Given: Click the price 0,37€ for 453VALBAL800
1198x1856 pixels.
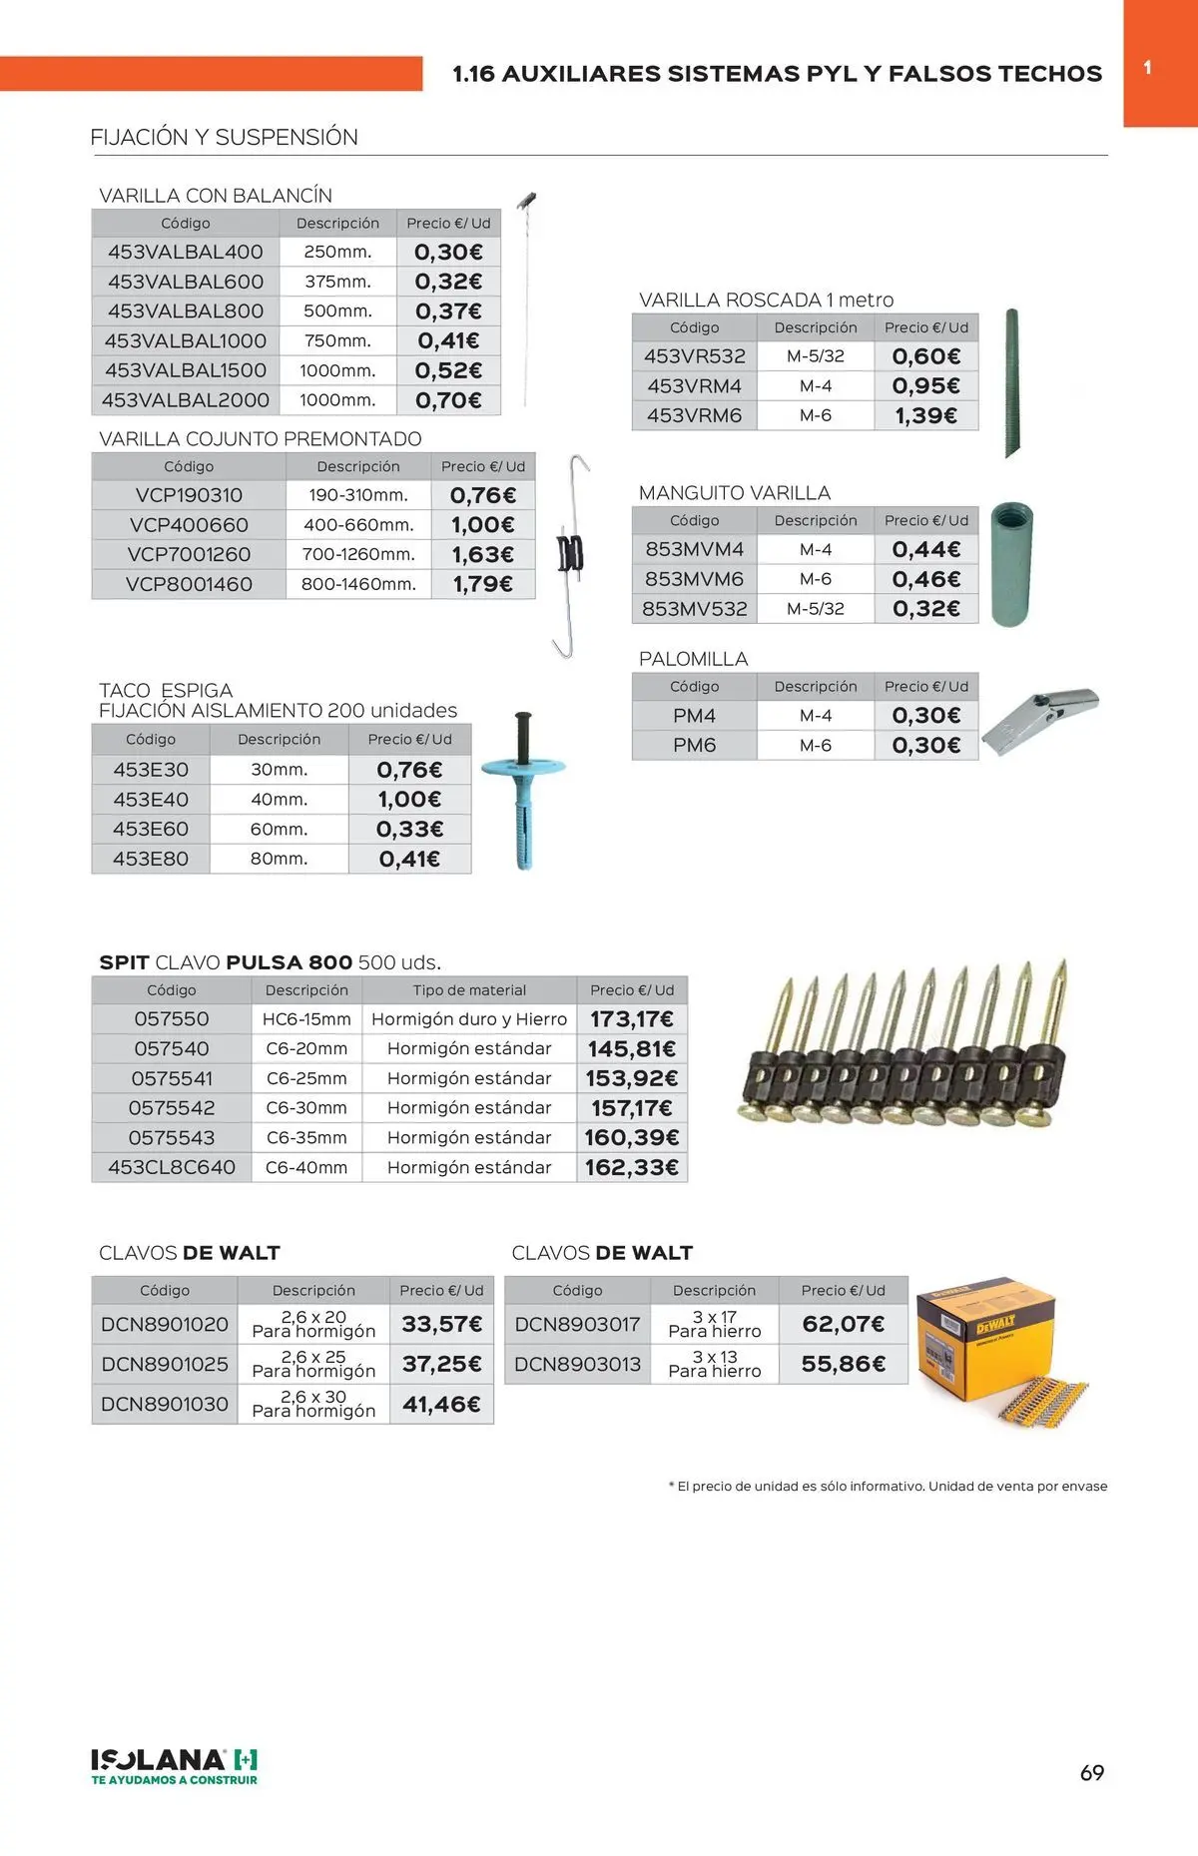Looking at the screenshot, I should (448, 311).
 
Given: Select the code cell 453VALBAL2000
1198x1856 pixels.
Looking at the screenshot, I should (186, 400).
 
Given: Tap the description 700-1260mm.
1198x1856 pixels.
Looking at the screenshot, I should (358, 554).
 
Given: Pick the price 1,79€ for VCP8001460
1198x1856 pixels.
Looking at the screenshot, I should (483, 584).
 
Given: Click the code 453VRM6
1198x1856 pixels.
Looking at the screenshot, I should (694, 415).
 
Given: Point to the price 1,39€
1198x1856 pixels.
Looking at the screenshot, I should (925, 415).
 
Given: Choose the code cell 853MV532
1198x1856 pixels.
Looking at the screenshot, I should (694, 608).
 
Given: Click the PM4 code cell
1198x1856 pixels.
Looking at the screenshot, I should (694, 716).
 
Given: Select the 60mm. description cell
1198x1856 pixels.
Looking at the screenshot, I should (279, 829).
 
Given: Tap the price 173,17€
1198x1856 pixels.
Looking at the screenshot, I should (632, 1019).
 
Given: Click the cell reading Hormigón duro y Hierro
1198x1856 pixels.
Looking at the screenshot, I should (469, 1019).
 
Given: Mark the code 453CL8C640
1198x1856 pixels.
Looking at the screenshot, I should (172, 1167).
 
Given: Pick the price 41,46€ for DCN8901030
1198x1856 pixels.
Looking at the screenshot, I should (441, 1404).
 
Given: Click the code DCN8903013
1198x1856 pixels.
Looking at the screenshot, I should (577, 1364).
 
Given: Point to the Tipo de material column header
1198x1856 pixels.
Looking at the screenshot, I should (469, 990).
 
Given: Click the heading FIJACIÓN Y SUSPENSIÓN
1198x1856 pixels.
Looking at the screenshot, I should (224, 138).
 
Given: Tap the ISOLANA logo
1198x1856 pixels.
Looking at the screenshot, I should (175, 1766).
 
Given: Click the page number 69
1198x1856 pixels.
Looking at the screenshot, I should (1092, 1773).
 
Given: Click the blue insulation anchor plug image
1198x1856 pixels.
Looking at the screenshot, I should (523, 789).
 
